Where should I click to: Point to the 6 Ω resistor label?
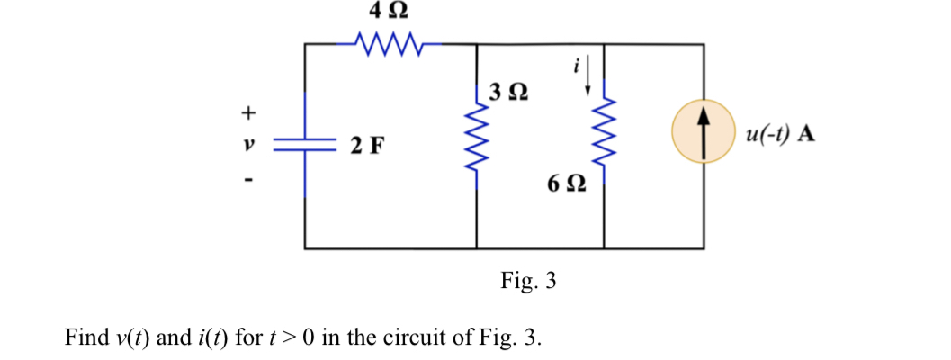566,185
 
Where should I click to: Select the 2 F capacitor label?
369,144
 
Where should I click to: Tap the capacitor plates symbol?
306,144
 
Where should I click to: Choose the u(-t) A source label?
780,134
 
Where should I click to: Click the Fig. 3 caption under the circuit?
528,281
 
